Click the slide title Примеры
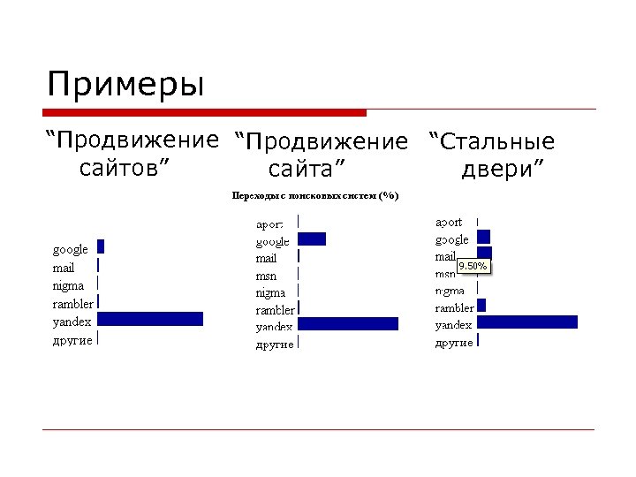pos(125,86)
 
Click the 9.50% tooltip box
pos(473,266)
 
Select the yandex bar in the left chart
pos(150,319)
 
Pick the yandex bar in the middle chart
pos(348,324)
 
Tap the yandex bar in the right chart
pos(527,322)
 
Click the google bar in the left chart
pos(101,246)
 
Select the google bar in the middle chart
pos(312,238)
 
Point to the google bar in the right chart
pos(483,236)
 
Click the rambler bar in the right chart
pos(481,306)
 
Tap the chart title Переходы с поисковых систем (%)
pos(315,195)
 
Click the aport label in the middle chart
pos(270,225)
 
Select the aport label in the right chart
pos(449,222)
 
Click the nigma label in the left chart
pos(69,285)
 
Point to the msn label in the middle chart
pos(267,276)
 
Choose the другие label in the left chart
pos(72,340)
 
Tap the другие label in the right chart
pos(454,343)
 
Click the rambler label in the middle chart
pos(276,310)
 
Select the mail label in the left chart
pos(64,268)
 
